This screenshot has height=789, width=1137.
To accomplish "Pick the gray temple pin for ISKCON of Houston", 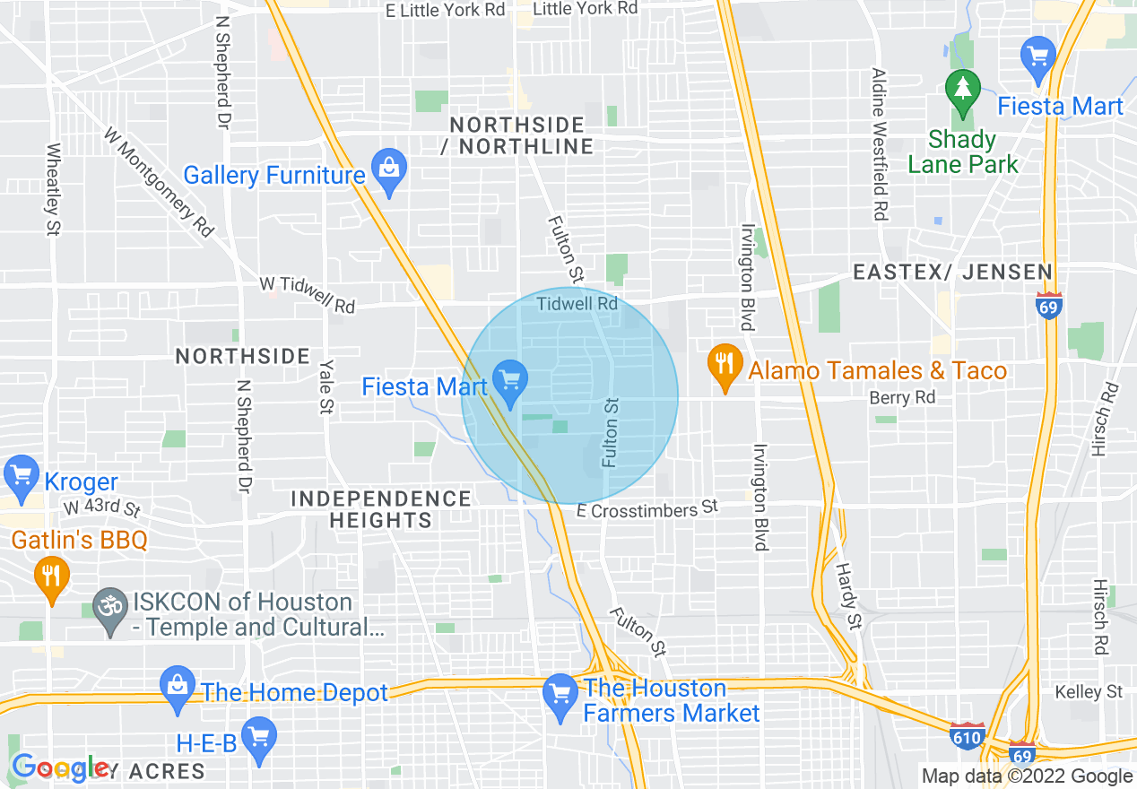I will pyautogui.click(x=110, y=612).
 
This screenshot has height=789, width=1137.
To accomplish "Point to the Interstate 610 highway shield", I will pyautogui.click(x=968, y=735).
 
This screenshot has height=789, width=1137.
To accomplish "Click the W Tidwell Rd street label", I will pyautogui.click(x=307, y=295).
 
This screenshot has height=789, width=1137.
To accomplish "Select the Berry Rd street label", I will pyautogui.click(x=902, y=397).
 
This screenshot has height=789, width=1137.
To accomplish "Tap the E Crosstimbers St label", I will pyautogui.click(x=647, y=509).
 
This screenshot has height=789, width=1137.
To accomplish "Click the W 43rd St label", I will pyautogui.click(x=101, y=508).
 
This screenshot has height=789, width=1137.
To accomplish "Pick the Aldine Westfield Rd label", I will pyautogui.click(x=880, y=144).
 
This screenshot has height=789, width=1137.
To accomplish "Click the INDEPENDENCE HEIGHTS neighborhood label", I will pyautogui.click(x=381, y=508).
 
